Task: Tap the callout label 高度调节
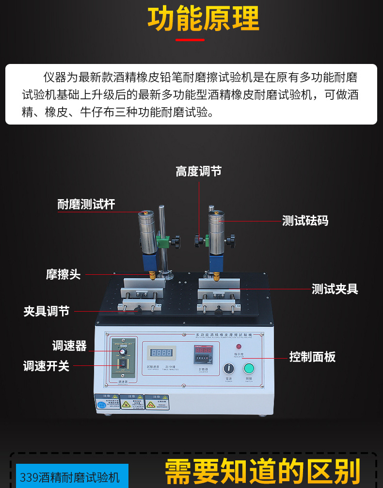coord(198,171)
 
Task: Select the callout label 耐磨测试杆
coord(86,205)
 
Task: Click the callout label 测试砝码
coord(305,221)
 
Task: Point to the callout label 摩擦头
coord(63,275)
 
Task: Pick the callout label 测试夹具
coord(335,289)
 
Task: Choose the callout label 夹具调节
coord(47,311)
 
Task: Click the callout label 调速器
coord(69,346)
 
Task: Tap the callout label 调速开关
coord(47,366)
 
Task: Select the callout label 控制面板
coord(312,357)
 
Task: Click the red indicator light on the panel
coord(239,347)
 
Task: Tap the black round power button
coord(228,369)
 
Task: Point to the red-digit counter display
coord(203,350)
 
